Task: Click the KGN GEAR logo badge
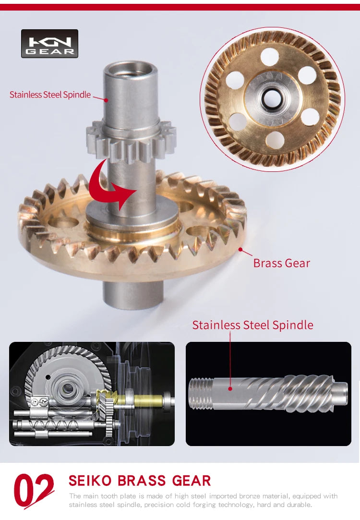(x=50, y=43)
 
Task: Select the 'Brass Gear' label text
(x=281, y=263)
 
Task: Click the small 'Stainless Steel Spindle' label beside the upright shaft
(x=50, y=95)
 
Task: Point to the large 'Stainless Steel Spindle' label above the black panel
(x=252, y=325)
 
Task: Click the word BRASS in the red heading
(x=142, y=481)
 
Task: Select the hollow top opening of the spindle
(x=130, y=70)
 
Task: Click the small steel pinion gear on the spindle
(x=131, y=140)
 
